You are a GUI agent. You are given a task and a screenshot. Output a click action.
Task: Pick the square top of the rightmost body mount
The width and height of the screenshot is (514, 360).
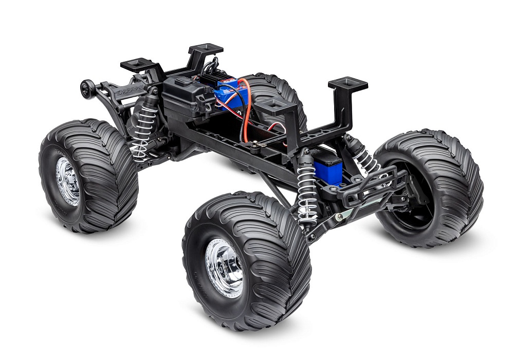(348, 84)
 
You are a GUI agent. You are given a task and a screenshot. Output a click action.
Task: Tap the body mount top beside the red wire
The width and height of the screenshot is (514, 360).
(276, 106)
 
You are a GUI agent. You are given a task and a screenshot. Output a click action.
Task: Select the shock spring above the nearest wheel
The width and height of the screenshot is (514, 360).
(307, 190)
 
